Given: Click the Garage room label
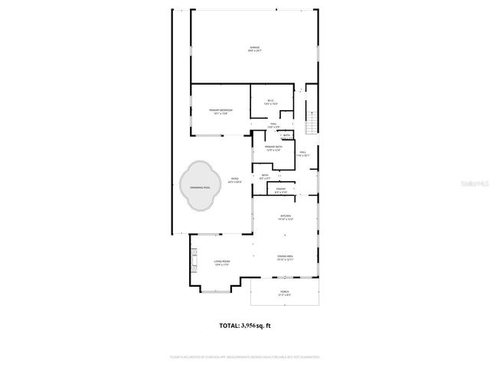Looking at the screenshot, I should tap(254, 49).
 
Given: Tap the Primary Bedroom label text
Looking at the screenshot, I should tap(221, 111).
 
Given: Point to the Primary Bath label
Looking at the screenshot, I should tap(274, 148).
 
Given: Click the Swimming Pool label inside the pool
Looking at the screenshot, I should tap(199, 187).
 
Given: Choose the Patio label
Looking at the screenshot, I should tap(236, 180).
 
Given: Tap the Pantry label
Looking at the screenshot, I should tap(281, 190).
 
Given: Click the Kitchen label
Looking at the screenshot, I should tap(285, 218).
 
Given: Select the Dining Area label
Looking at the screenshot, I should tap(285, 257).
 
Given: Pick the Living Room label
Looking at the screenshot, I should tap(221, 263).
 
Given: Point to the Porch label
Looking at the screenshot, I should tap(286, 293).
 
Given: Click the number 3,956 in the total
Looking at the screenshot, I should tap(256, 325).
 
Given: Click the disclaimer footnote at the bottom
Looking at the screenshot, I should tap(245, 356).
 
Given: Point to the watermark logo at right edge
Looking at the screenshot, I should tap(479, 183).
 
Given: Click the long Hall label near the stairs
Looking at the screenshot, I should tap(302, 154).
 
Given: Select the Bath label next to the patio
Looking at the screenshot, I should tap(265, 177).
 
